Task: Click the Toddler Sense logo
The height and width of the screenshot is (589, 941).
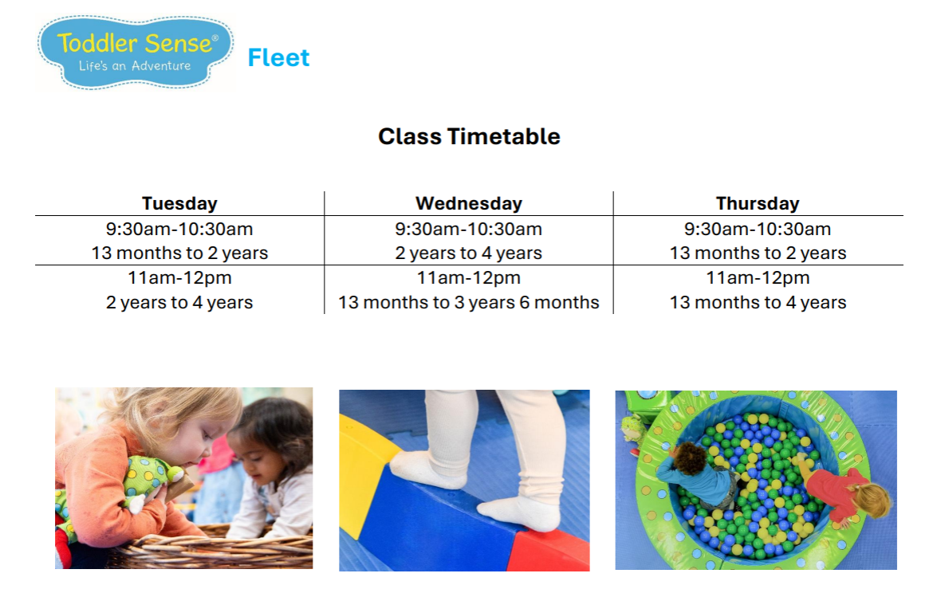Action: click(135, 53)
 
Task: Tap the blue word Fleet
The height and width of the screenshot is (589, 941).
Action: click(278, 57)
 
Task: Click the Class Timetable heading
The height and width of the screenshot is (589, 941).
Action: click(469, 136)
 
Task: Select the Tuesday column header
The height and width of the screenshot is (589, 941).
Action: click(179, 203)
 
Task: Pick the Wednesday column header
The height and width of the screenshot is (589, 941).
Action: click(469, 203)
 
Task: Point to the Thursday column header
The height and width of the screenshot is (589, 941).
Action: click(758, 203)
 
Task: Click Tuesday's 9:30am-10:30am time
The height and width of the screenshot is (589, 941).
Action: click(179, 229)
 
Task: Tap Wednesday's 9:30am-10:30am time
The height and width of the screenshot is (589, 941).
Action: click(469, 229)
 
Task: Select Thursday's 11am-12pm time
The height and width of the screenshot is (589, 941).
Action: click(758, 277)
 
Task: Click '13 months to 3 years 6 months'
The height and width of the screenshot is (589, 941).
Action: click(469, 302)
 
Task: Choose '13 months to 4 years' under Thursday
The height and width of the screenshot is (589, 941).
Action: click(758, 302)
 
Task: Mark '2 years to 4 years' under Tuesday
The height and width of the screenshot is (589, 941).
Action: click(179, 302)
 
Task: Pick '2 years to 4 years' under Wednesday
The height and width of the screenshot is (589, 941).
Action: click(469, 253)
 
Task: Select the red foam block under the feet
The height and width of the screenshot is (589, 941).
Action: click(549, 551)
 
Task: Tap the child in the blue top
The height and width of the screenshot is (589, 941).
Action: click(697, 477)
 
